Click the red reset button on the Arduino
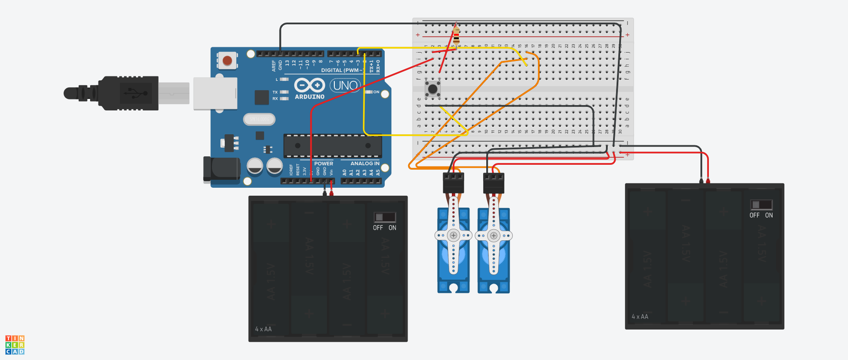tap(227, 61)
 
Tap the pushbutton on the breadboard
tap(433, 88)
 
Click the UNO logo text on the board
tap(345, 85)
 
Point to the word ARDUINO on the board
tap(310, 97)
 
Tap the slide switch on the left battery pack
tap(385, 217)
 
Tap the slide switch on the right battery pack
tap(761, 205)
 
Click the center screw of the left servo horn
tap(453, 235)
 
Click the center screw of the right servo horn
tap(494, 235)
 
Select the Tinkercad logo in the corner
tap(15, 345)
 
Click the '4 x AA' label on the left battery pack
tap(263, 329)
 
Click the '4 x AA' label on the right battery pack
tap(640, 317)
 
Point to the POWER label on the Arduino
tap(324, 163)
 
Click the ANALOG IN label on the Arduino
tap(365, 163)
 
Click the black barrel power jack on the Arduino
tap(221, 169)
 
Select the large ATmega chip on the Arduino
tap(333, 146)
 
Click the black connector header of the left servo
tap(453, 182)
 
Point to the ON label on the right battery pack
tap(769, 215)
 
